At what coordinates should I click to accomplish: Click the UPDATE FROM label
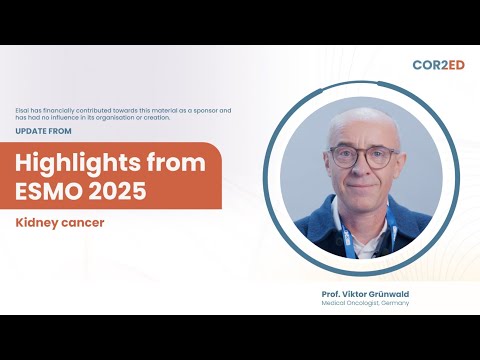tap(44, 130)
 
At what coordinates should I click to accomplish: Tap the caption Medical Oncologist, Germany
tap(365, 303)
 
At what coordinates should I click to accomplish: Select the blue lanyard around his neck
tap(348, 238)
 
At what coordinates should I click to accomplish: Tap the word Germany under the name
tap(393, 303)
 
